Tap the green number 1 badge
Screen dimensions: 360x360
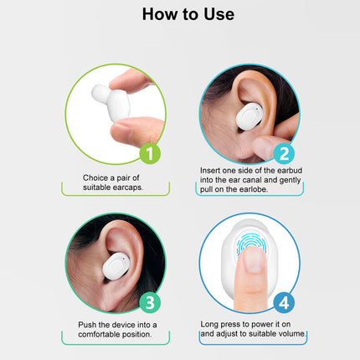click(x=147, y=154)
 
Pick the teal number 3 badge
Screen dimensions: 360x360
click(x=147, y=302)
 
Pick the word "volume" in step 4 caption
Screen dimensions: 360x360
click(x=289, y=334)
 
